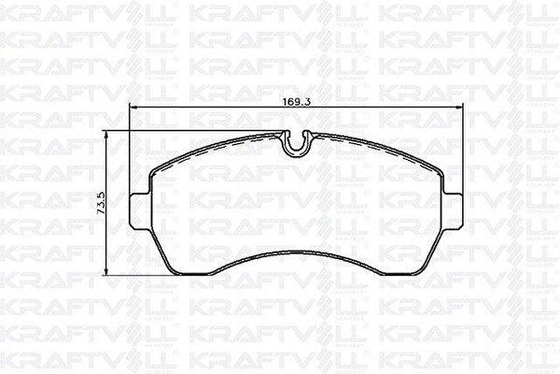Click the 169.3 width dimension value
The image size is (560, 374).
[x=297, y=101]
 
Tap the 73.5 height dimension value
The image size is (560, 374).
[x=101, y=203]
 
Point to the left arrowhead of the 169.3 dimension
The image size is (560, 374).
[x=133, y=107]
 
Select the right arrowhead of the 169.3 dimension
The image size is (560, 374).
[x=458, y=107]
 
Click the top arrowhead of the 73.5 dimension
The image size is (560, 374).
[x=105, y=135]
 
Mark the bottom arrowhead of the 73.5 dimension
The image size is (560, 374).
[x=105, y=271]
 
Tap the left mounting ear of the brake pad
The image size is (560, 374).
[x=139, y=211]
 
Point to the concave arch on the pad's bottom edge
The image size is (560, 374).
[x=297, y=252]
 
